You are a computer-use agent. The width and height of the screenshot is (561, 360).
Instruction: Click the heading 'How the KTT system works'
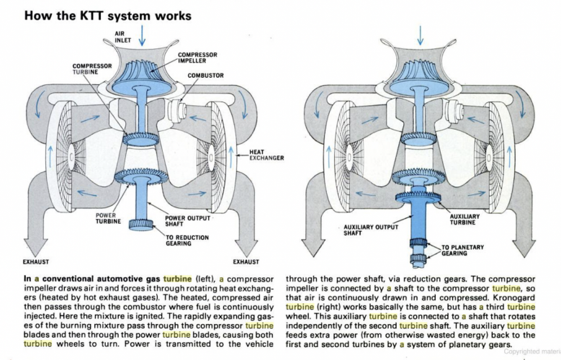[108, 14]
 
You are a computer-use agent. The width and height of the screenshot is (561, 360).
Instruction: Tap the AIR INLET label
[124, 36]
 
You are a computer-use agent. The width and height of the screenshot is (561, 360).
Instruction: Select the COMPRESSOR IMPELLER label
[197, 57]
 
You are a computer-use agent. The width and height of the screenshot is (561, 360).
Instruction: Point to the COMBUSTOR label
[205, 76]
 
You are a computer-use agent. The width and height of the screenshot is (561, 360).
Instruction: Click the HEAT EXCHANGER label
[267, 155]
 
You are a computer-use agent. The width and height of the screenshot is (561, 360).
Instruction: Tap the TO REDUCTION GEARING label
[188, 240]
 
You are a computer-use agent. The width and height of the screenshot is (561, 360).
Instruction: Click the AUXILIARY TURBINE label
[464, 220]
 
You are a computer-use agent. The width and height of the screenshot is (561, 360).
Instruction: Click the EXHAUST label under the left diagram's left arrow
[37, 262]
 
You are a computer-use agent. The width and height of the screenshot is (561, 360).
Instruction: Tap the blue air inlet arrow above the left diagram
[143, 33]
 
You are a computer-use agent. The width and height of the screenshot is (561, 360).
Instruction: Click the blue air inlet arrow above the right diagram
[420, 33]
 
